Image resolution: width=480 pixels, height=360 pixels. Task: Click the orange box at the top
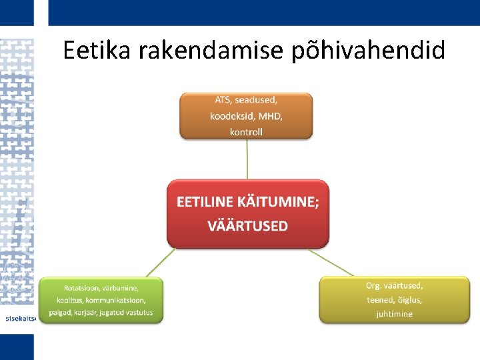coord(246,115)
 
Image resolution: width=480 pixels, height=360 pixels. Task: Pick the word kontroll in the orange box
coord(246,132)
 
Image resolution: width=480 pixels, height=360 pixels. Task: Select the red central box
coord(248,214)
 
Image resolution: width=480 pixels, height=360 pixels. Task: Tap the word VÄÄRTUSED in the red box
coord(248,226)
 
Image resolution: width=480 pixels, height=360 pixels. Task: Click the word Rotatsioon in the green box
coord(81,288)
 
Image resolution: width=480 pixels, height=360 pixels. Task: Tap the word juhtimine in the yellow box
coord(394,313)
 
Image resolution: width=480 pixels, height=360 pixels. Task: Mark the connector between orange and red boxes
coord(247,159)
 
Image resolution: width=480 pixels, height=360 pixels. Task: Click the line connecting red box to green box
coord(161,263)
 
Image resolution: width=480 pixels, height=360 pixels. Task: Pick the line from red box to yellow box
coord(331,262)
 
